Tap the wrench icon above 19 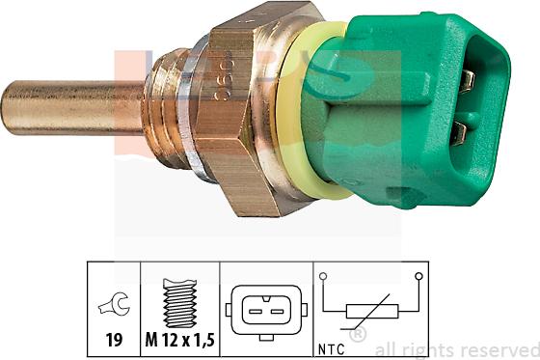[113, 307]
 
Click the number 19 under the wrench [113, 339]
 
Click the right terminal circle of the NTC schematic [418, 276]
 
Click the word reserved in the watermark [499, 349]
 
